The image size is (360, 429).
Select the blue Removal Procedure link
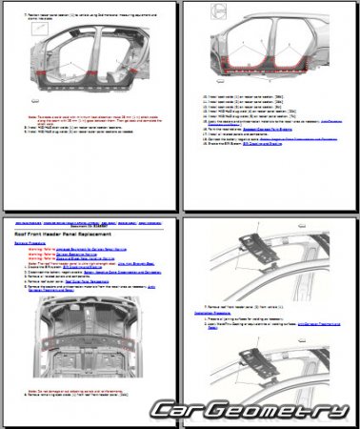(x=33, y=243)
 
